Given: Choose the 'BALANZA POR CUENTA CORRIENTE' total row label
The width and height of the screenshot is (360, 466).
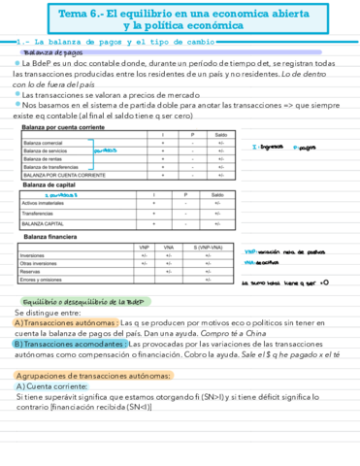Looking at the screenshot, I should (64, 176).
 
